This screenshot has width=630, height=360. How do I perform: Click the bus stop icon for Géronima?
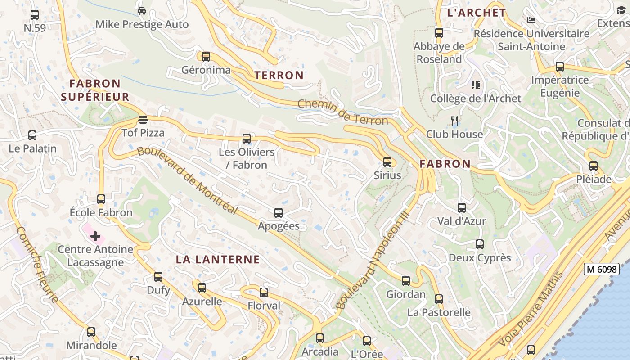coord(206,57)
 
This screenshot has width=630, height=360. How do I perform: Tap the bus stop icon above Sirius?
coord(387,162)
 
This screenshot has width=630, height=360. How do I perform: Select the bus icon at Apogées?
coord(279,213)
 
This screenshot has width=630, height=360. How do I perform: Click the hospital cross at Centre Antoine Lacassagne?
coord(95,236)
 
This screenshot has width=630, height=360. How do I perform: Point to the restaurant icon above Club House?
coord(455,121)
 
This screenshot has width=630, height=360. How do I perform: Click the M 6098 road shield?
coord(602,269)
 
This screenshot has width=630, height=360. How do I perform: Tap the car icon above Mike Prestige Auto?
coord(142,11)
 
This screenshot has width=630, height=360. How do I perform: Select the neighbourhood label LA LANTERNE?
coord(218,259)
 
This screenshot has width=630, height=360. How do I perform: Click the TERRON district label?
coord(279,75)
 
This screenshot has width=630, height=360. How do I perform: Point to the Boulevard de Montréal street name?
coord(187,180)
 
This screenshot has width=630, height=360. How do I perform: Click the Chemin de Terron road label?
coord(343,112)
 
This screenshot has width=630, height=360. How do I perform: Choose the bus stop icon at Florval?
coord(264,292)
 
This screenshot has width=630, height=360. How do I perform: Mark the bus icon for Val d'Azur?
coord(462,208)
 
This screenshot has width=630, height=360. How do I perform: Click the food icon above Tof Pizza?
coord(143,120)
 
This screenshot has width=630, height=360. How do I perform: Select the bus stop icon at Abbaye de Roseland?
coord(439,33)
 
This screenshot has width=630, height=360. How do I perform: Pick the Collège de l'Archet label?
coord(476,99)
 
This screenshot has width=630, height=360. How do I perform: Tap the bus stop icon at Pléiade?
coord(594,166)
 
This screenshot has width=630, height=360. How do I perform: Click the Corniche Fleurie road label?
coord(37,265)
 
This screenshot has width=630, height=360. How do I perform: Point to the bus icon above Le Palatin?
coord(32,135)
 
